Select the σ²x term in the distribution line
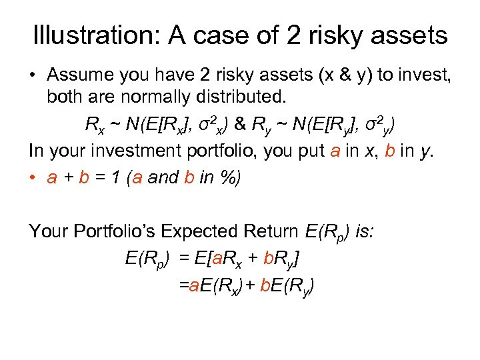(207, 124)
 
